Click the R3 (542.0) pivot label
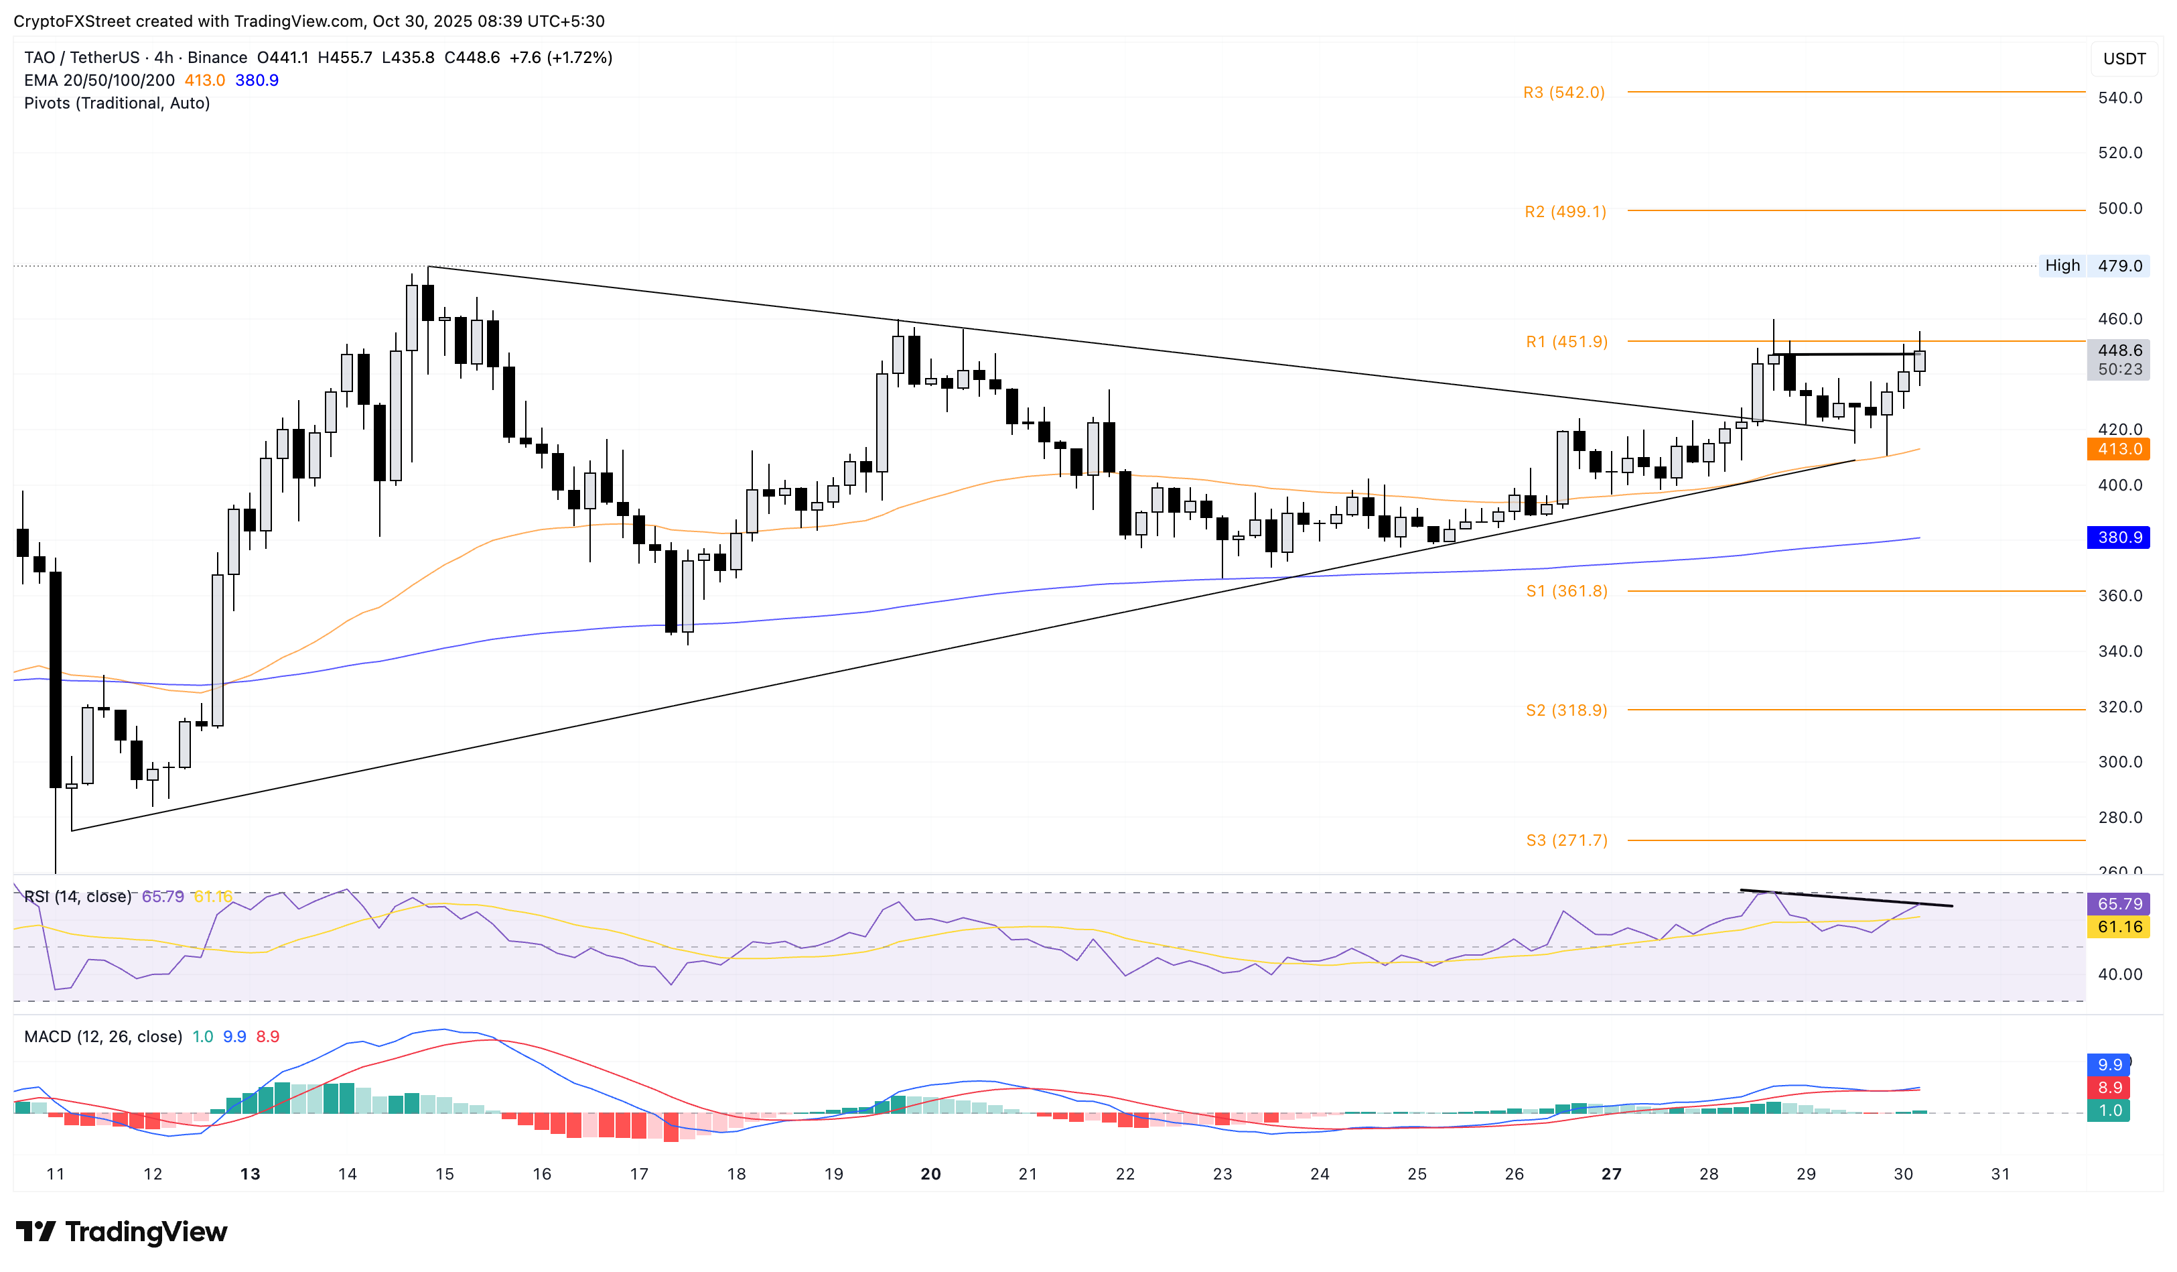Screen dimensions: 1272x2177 tap(1563, 92)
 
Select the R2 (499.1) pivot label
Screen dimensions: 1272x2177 tap(1565, 212)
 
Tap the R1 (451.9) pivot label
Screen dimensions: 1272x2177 tap(1566, 342)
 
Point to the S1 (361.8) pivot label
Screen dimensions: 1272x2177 tap(1565, 591)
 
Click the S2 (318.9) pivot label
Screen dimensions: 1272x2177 tap(1565, 710)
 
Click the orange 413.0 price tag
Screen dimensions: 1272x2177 tap(2118, 448)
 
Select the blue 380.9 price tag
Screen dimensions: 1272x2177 tap(2118, 537)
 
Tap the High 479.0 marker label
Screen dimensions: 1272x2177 tap(2093, 265)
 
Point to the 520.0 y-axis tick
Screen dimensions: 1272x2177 tap(2119, 153)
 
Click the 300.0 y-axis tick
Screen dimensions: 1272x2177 tap(2119, 762)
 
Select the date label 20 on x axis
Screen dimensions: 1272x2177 tap(930, 1173)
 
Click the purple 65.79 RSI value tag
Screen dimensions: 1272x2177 tap(2118, 904)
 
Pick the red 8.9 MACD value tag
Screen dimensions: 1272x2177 tap(2109, 1087)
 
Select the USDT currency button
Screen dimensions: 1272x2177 tap(2123, 59)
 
